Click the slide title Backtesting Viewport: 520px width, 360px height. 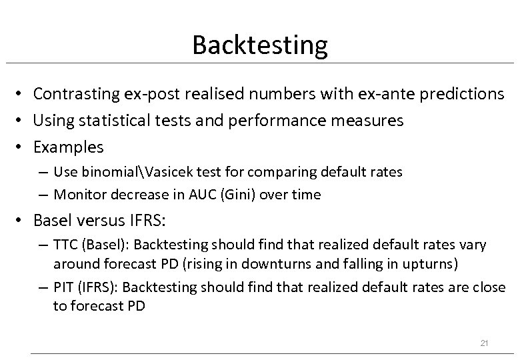259,45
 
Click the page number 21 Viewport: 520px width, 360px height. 485,343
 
